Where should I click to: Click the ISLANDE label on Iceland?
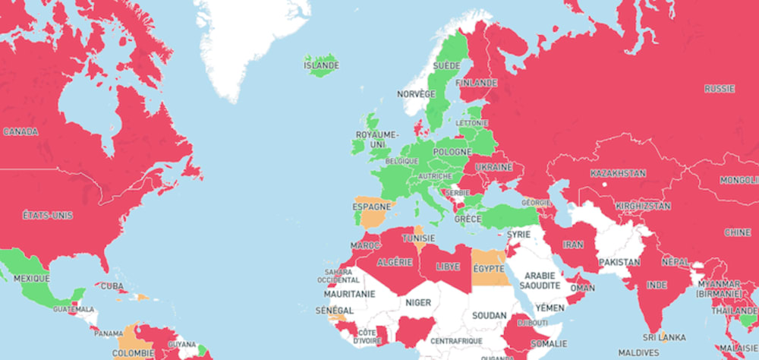tap(322, 65)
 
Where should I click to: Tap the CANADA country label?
tap(20, 131)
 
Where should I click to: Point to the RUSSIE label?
tap(719, 89)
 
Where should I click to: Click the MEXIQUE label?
tap(31, 279)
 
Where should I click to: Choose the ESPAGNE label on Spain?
tap(372, 206)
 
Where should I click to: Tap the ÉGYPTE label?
tap(490, 268)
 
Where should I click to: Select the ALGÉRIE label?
tap(395, 262)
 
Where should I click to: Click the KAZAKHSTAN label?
tap(618, 173)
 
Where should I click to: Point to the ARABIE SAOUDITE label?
tap(541, 280)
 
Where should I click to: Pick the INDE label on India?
tap(656, 286)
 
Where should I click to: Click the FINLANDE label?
tap(477, 82)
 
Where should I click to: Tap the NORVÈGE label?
tap(416, 94)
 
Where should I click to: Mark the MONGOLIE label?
tap(739, 180)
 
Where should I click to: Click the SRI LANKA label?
tap(664, 337)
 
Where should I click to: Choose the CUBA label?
tap(112, 286)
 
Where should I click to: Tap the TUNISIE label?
tap(418, 238)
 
